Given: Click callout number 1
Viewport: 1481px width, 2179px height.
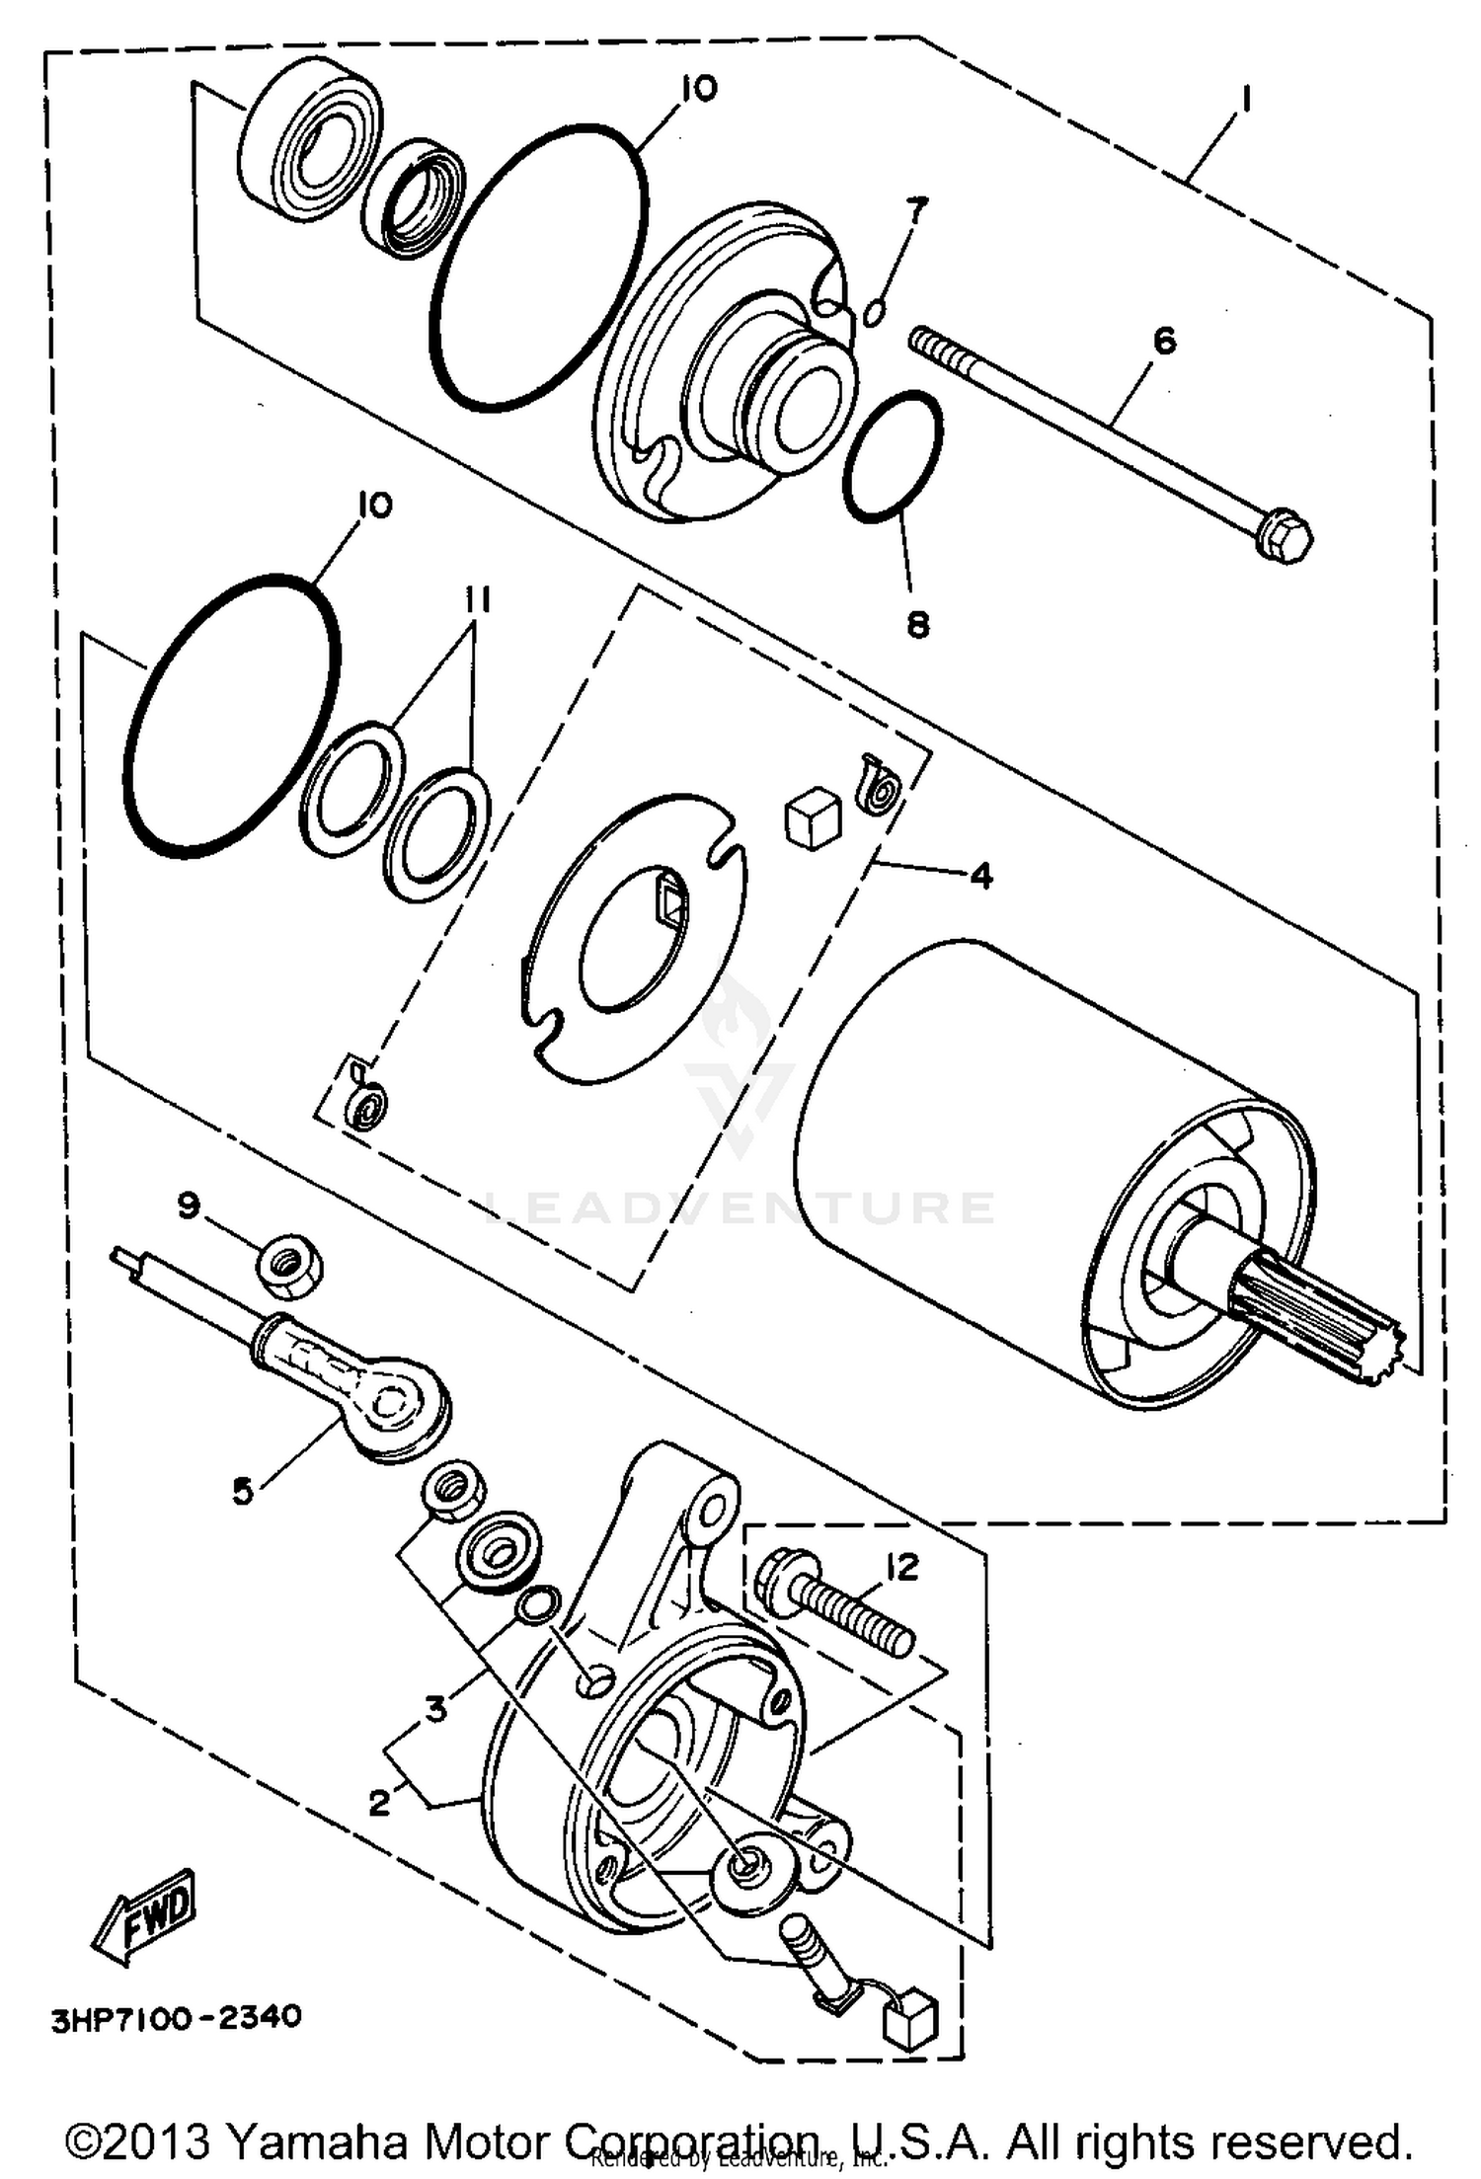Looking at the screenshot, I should [1247, 100].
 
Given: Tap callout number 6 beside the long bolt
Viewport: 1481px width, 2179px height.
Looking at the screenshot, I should [1164, 342].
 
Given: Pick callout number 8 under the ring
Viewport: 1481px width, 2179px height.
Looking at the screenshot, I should [917, 624].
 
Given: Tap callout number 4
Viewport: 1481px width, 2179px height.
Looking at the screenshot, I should [980, 875].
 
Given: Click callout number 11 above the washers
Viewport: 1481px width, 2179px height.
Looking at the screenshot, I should [478, 600].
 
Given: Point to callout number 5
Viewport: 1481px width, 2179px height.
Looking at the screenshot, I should [243, 1491].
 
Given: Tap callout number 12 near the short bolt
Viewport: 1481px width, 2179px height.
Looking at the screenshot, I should [901, 1567].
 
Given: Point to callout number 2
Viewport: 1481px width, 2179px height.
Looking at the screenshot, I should [380, 1803].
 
